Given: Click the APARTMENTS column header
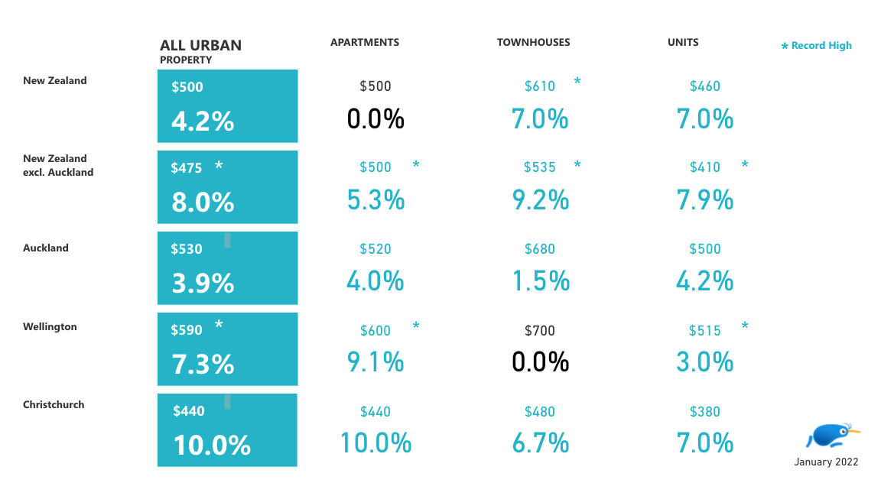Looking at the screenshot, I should point(364,43).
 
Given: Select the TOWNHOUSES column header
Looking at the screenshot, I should point(533,43).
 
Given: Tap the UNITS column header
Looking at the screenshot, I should point(683,43).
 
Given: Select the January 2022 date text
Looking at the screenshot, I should point(826,462).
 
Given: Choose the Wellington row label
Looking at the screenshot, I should point(50,327).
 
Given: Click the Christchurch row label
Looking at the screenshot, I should point(54,405).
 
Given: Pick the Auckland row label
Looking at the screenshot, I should point(46,248).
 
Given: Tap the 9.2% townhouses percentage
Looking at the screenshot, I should point(541,200).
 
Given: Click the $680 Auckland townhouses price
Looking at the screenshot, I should point(540,249).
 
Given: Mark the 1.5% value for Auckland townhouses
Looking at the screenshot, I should point(541,281).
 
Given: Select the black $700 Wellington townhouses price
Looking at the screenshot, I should point(540,331).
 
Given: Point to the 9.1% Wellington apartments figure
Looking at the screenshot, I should point(375,362).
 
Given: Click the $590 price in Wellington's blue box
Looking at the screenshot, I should point(187,330).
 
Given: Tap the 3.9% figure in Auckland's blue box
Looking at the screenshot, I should point(203,284).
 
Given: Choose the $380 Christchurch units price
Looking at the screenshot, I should point(705,412).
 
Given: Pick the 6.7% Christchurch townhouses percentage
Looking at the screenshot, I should point(541,443).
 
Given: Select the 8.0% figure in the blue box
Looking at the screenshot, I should point(203,203).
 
